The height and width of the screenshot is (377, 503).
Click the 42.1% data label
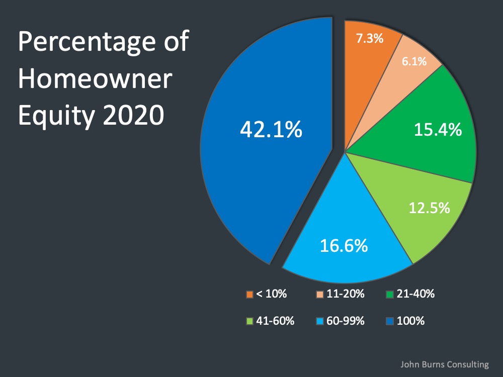(x=271, y=130)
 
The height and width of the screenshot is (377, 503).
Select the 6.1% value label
(x=414, y=61)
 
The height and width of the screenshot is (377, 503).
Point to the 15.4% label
(x=438, y=130)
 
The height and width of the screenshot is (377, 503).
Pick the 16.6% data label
(x=344, y=246)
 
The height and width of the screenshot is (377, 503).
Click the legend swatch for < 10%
(x=249, y=294)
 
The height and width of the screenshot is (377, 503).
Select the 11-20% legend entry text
(x=346, y=294)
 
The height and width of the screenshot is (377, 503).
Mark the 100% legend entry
(x=410, y=320)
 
